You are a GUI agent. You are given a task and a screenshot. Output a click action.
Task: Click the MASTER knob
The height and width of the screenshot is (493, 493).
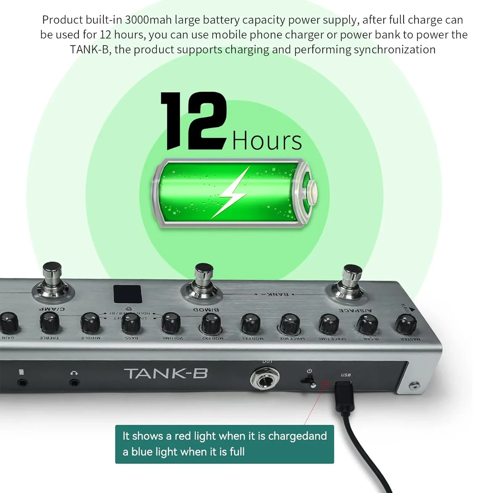406,324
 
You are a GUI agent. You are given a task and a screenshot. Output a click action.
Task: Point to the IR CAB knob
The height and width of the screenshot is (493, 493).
367,324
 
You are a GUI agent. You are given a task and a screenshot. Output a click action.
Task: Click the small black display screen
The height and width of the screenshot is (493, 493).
128,294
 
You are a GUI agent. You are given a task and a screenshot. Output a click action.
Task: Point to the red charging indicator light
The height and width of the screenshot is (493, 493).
325,384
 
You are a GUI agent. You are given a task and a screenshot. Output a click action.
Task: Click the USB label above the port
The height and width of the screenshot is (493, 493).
346,375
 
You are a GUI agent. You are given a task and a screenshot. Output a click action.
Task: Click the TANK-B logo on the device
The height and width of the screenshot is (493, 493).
166,374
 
